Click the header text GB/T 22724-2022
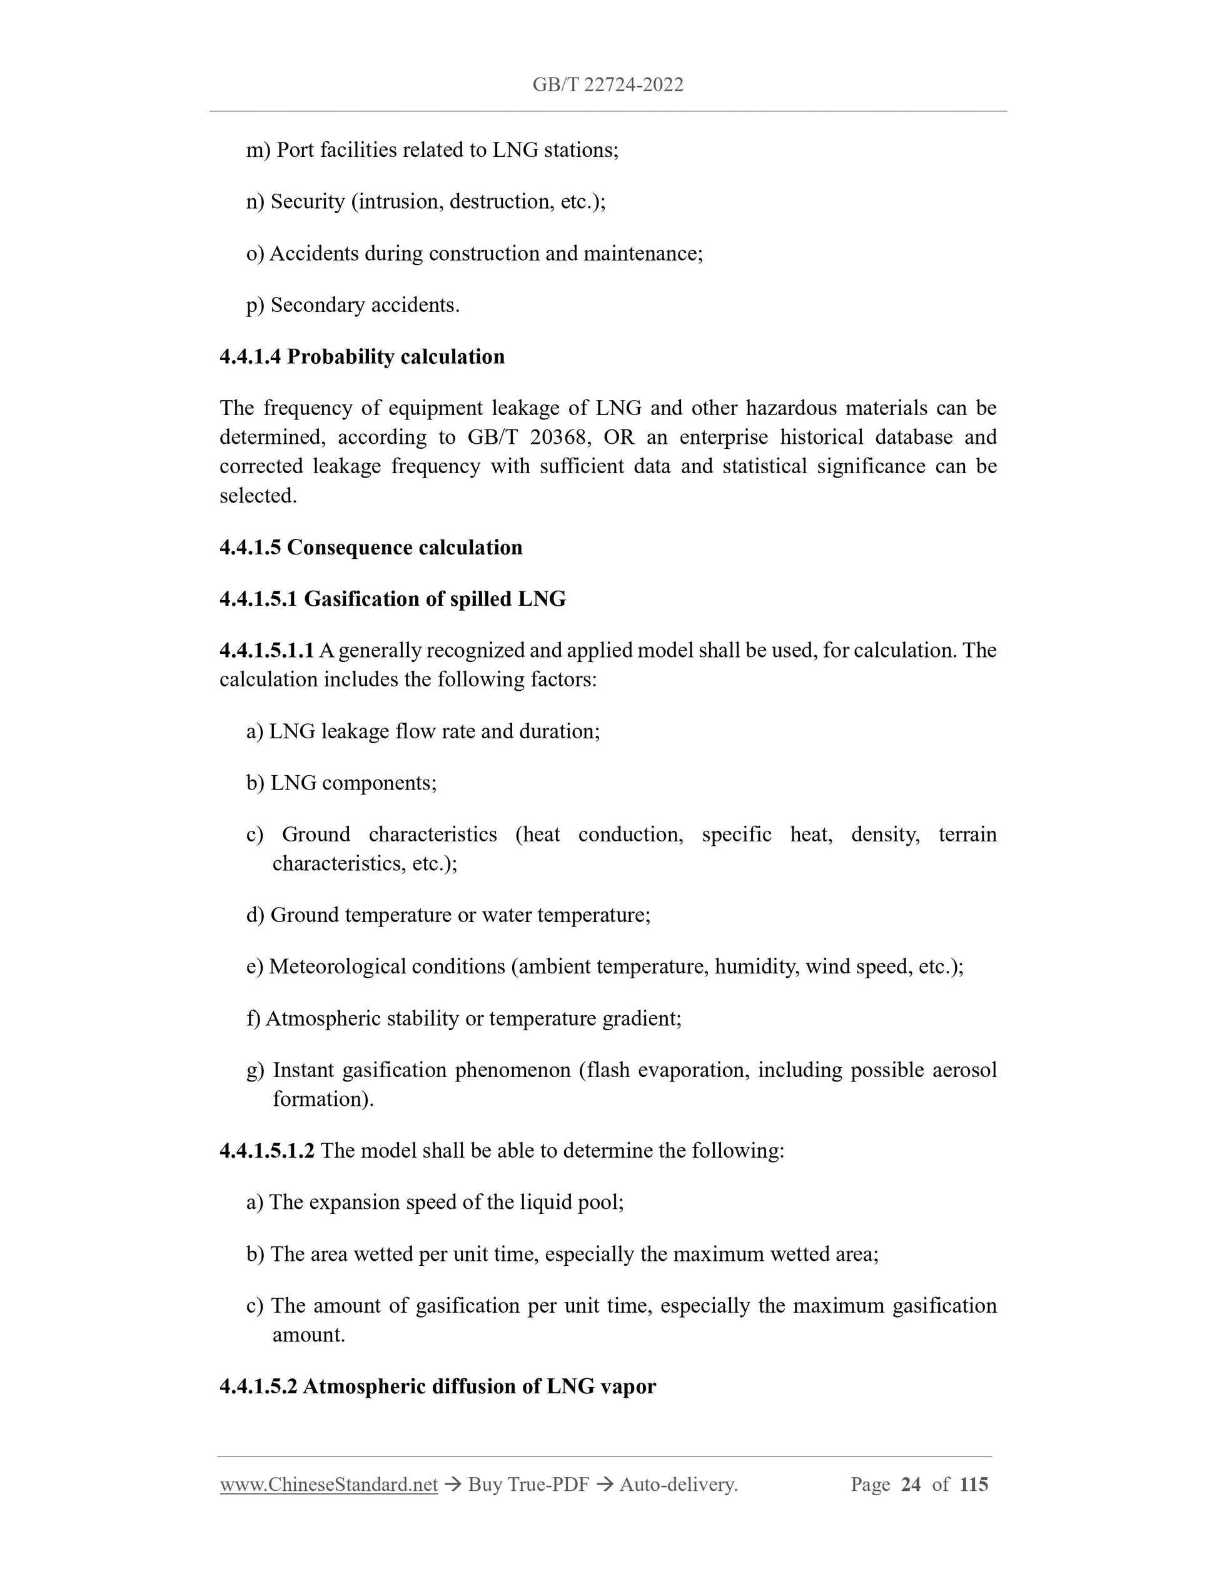coord(608,85)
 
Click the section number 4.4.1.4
coord(250,357)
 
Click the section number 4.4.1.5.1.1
coord(267,651)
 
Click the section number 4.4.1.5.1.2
coord(267,1151)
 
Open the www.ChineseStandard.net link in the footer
coord(329,1485)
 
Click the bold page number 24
coord(911,1485)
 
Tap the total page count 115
coord(974,1485)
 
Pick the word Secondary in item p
coord(315,306)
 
